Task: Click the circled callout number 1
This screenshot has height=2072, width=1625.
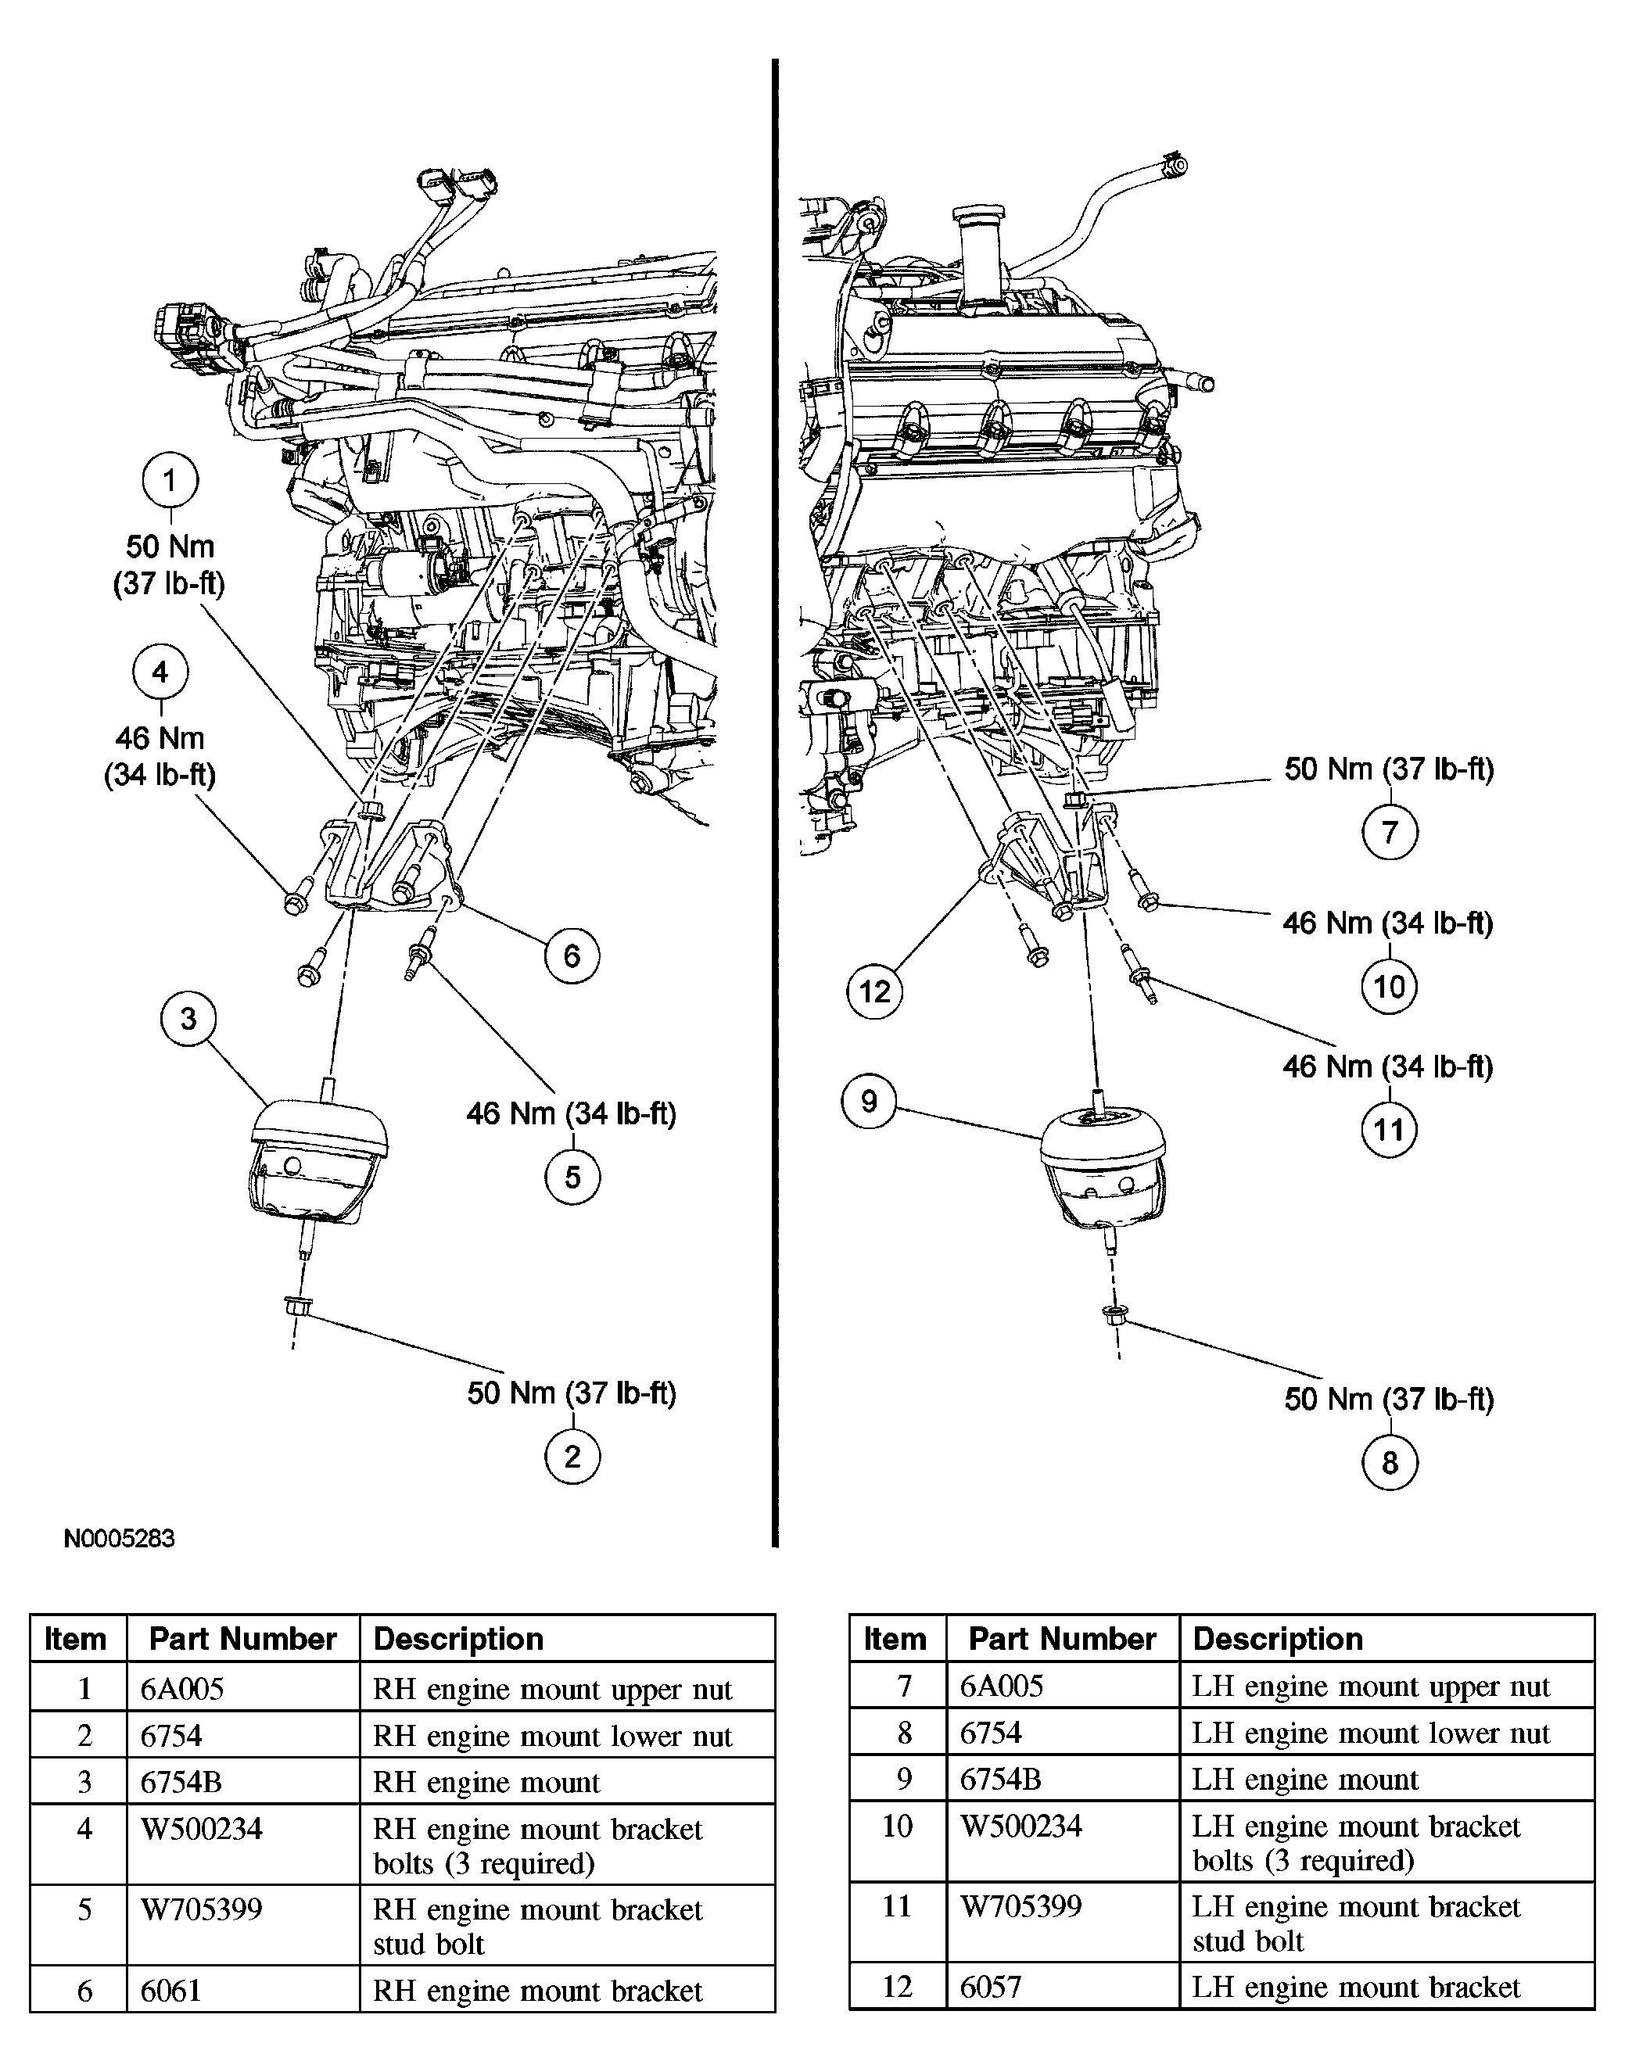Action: (x=170, y=480)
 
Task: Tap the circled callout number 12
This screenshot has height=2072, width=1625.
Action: (x=873, y=991)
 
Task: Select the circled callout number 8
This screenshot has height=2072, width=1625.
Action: (x=1389, y=1462)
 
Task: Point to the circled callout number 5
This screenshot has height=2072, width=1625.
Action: (x=572, y=1177)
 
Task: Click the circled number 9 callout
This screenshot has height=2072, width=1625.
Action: (x=869, y=1102)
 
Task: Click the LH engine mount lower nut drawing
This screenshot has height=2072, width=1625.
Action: (x=1112, y=1314)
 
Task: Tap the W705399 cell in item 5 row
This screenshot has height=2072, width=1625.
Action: (x=202, y=1910)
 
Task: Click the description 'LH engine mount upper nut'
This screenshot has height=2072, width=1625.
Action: (x=1370, y=1687)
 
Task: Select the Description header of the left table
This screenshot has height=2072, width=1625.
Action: (x=458, y=1639)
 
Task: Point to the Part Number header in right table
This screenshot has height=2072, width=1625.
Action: (x=1062, y=1639)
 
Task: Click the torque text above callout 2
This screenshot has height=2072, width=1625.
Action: (x=572, y=1393)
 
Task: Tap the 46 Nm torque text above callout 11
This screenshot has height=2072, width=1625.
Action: (x=1387, y=1066)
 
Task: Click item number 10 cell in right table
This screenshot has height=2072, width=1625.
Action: (x=897, y=1826)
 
